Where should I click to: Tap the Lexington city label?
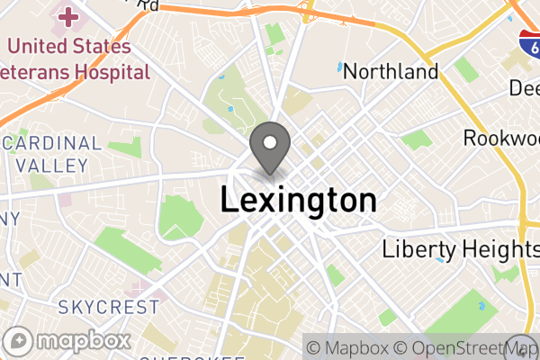click(298, 200)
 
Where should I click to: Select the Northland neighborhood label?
click(391, 72)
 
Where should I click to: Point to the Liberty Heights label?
click(459, 249)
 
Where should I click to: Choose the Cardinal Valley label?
click(54, 154)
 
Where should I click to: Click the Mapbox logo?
click(68, 341)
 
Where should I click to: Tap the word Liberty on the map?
click(413, 249)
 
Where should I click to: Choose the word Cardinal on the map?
click(54, 143)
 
